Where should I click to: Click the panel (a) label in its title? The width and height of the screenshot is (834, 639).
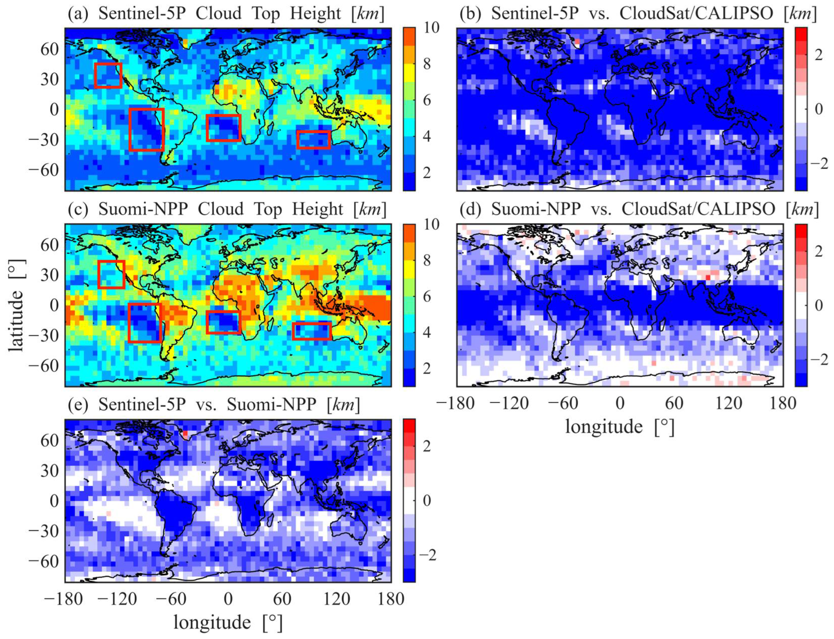point(78,14)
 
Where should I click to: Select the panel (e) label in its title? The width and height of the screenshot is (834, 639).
point(78,405)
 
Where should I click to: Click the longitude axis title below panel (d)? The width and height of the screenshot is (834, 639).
point(619,426)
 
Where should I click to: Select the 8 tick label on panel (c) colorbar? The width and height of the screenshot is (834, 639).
point(427,261)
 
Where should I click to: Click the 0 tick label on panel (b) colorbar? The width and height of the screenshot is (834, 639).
point(818,109)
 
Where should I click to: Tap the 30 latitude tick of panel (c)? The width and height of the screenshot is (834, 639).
point(49,275)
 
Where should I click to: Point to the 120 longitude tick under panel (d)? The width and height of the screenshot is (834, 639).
point(728,403)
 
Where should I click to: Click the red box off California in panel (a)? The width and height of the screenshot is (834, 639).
point(108,75)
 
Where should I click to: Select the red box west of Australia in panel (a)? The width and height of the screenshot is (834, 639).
point(313,140)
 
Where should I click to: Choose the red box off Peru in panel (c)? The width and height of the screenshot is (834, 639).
point(145,323)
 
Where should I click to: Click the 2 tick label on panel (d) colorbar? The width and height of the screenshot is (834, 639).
point(818,251)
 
